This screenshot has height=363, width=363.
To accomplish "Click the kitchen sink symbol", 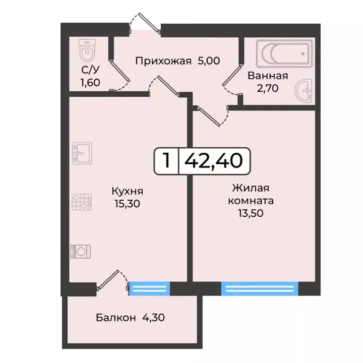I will pos(81,153).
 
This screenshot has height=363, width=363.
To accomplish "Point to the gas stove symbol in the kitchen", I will pos(81,202).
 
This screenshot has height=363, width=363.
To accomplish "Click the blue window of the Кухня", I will pos(149,288).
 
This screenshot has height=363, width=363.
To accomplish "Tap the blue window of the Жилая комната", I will pos(258,288).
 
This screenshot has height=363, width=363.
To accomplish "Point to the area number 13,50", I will pos(251,213).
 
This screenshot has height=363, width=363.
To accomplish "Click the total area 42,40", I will pos(214,161).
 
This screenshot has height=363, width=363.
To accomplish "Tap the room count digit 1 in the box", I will pos(166,161).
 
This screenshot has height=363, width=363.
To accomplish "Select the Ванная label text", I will pos(267,76).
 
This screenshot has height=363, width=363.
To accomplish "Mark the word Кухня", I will pos(128,191).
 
